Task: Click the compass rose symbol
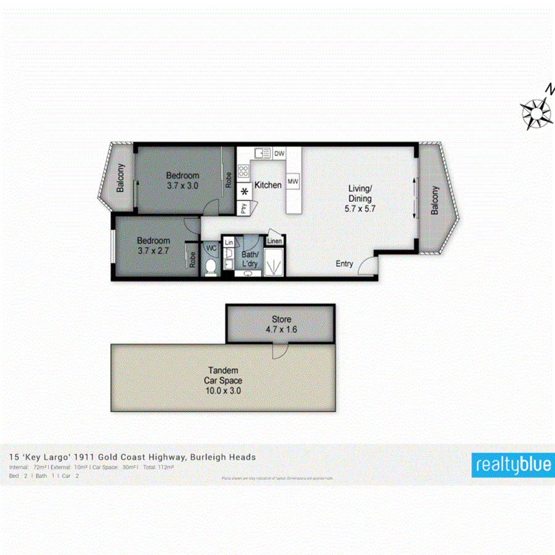tap(536, 112)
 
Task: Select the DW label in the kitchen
tap(279, 154)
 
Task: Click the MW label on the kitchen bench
tap(293, 181)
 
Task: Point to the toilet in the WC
tap(211, 267)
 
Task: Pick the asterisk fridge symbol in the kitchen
tap(244, 191)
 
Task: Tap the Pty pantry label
tap(244, 208)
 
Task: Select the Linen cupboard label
tap(274, 240)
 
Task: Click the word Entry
tap(344, 264)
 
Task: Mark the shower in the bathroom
tap(273, 263)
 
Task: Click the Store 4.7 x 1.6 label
tap(281, 324)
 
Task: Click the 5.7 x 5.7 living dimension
tap(360, 208)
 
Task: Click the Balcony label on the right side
tap(435, 200)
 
